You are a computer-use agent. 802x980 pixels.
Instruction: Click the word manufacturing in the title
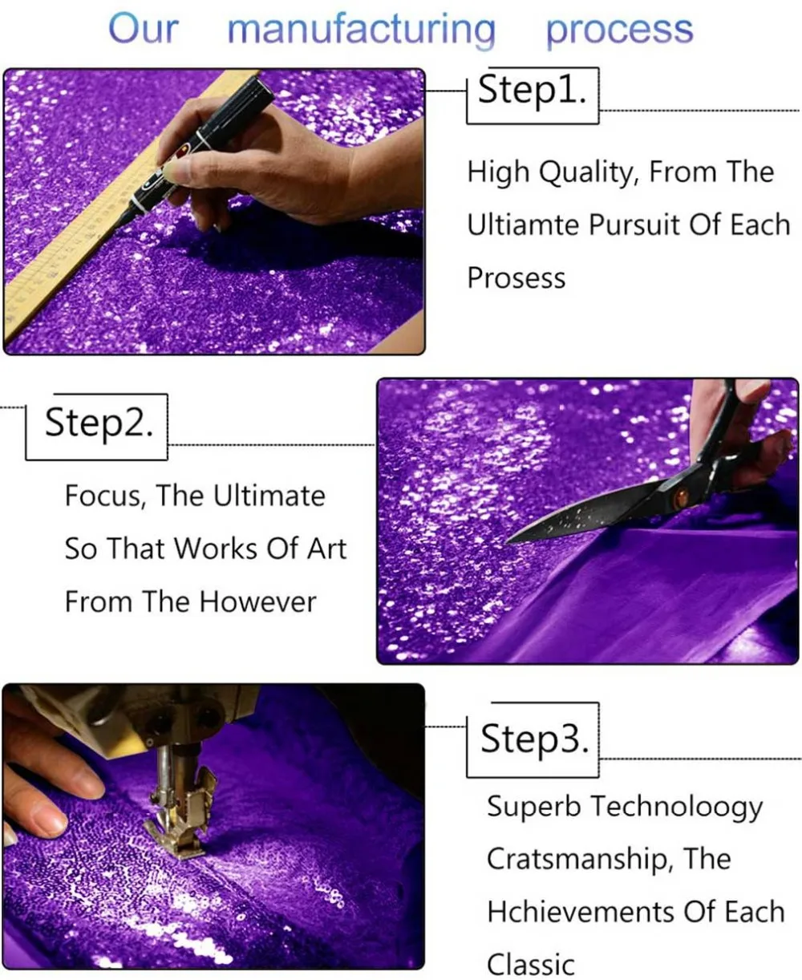coord(362,29)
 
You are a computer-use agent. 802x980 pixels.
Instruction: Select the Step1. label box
coord(533,95)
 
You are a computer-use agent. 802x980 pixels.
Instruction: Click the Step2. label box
coord(97,427)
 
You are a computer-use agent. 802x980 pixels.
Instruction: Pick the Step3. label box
coord(533,739)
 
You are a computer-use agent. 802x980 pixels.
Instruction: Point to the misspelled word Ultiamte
coord(524,225)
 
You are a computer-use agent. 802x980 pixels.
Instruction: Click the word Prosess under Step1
coord(516,278)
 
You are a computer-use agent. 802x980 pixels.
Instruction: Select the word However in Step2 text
coord(258,602)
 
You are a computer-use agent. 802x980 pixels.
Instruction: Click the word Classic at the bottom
coord(531,964)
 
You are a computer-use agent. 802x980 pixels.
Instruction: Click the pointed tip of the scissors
coord(508,542)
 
